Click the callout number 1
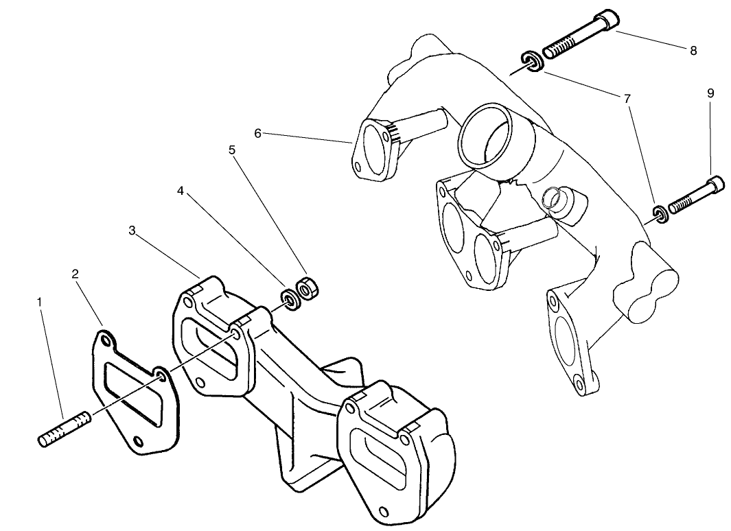coord(40,301)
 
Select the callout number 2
coord(75,274)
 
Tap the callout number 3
coord(132,231)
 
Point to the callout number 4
coord(181,191)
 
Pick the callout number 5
coord(233,149)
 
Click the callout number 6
coord(258,133)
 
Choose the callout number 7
coord(627,99)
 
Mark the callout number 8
coord(693,51)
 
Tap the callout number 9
coord(710,93)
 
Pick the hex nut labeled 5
coord(305,288)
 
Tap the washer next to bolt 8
coord(532,61)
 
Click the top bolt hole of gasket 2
coord(104,340)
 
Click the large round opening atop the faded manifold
coord(486,134)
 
